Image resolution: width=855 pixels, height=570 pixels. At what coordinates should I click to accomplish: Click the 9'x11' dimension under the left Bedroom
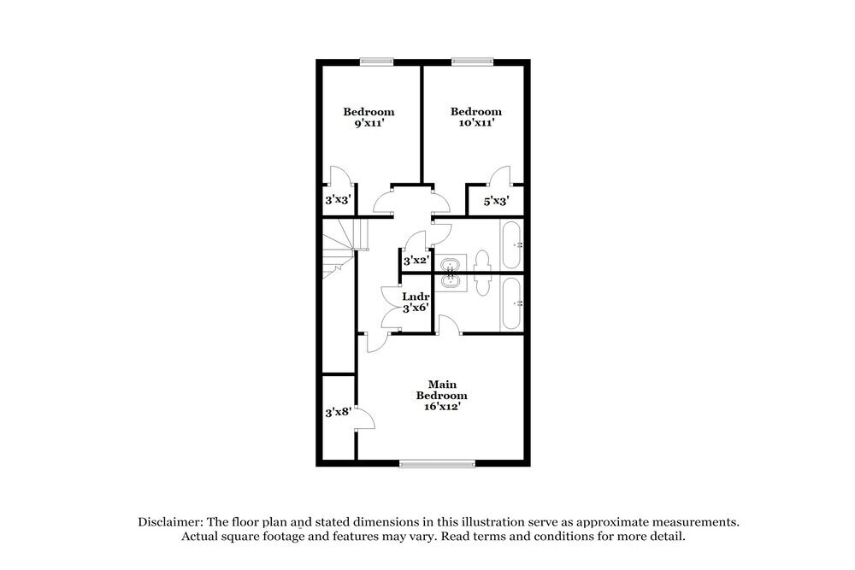[x=369, y=124]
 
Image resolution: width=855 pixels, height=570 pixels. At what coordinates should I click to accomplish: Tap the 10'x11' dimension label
[x=476, y=124]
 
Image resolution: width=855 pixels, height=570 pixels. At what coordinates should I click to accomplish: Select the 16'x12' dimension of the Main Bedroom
[x=441, y=408]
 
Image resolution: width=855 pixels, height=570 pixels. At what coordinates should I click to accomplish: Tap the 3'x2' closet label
[x=416, y=260]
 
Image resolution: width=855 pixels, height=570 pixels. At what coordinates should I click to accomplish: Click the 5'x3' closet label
[x=497, y=202]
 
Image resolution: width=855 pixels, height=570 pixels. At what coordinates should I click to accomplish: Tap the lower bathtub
[x=511, y=303]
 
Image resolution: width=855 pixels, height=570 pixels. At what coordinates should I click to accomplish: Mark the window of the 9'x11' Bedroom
[x=376, y=61]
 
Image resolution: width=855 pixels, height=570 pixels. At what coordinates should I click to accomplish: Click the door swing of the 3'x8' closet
[x=365, y=418]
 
